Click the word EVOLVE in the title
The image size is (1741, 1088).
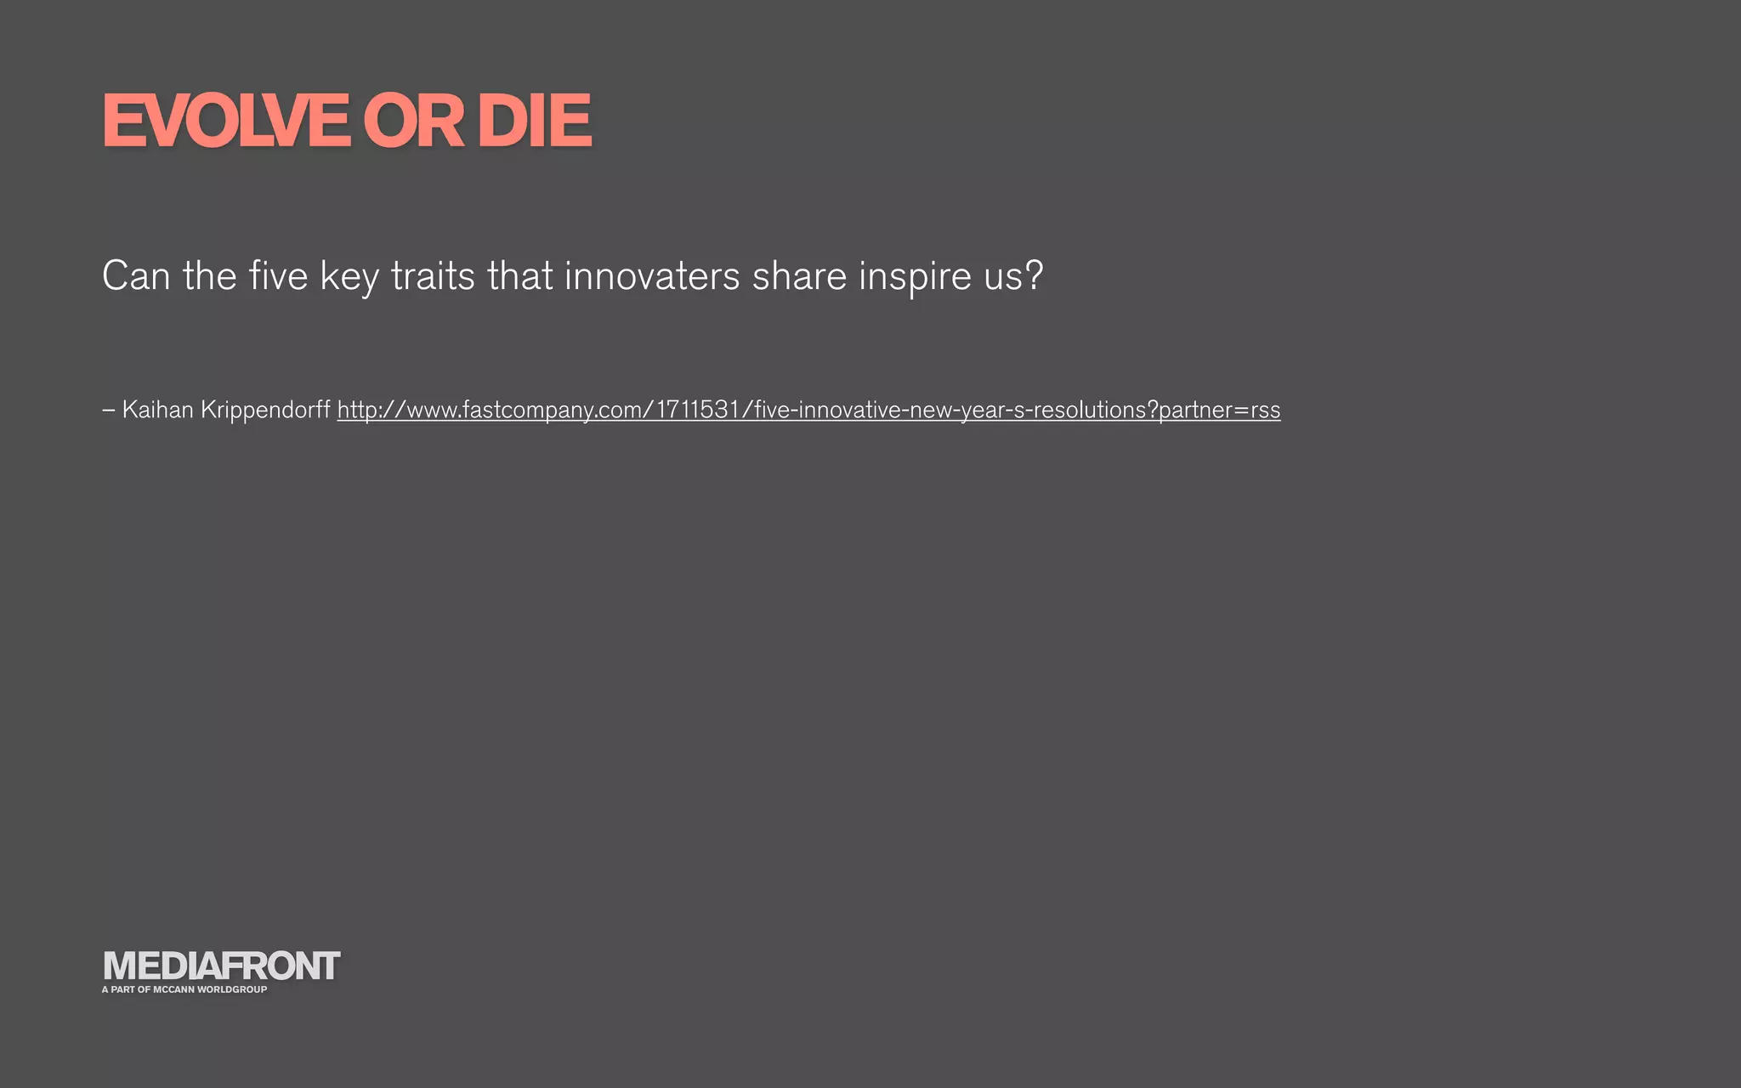(x=226, y=122)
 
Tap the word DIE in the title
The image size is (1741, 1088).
(x=534, y=122)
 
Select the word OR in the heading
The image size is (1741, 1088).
(x=413, y=122)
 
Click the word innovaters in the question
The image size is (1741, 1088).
(x=652, y=276)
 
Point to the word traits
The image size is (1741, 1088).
(x=432, y=276)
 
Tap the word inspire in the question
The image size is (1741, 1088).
(x=915, y=277)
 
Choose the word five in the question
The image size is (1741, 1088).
(x=278, y=276)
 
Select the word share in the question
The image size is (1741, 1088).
(x=799, y=276)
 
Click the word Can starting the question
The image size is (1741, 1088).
(x=136, y=276)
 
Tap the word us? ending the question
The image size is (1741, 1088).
(x=1013, y=277)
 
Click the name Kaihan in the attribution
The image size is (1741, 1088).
(x=157, y=410)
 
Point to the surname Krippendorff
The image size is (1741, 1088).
(x=265, y=411)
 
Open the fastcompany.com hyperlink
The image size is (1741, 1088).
(x=808, y=411)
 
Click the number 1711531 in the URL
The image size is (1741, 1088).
(x=698, y=410)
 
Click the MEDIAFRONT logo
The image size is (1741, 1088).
(x=221, y=966)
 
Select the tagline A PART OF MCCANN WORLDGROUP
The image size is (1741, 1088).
(x=184, y=989)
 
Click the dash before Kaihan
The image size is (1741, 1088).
(x=108, y=411)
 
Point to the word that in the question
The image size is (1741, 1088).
(x=519, y=276)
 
